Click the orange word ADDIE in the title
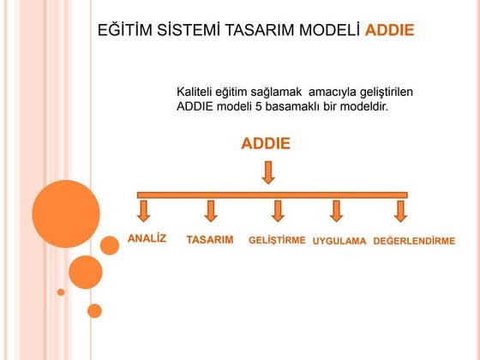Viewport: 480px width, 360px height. coord(389,31)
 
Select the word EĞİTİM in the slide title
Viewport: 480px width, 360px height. coord(125,31)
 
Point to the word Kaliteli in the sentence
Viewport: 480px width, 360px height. coord(199,91)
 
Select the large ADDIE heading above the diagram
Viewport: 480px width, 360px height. coord(266,144)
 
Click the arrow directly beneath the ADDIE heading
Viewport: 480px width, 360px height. coord(268,173)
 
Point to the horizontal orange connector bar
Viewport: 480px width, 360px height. coord(272,195)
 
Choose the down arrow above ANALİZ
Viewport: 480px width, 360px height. coord(144,211)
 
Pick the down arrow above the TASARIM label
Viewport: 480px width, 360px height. coord(211,211)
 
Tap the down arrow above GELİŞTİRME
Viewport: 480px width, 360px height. coord(278,211)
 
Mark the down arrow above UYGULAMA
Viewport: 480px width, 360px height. coord(336,211)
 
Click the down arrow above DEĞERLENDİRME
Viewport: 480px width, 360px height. coord(399,211)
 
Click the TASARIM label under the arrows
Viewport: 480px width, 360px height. coord(210,240)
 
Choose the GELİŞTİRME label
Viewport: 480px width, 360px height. coord(277,240)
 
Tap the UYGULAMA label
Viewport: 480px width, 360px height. coord(339,241)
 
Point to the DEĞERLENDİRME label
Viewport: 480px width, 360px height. coord(414,241)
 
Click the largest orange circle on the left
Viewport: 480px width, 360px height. coord(66,213)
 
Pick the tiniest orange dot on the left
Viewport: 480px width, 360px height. coord(61,291)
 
